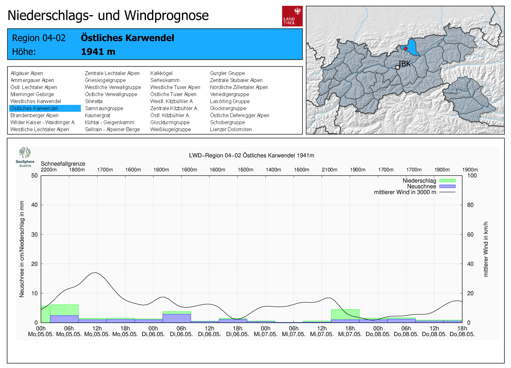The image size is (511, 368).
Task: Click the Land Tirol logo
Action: (292, 16)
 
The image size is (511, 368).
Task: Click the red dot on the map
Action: (406, 49)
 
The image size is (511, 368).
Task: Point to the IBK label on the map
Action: (405, 64)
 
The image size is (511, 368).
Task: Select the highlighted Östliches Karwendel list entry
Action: (45, 109)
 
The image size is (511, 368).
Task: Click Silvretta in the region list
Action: (94, 101)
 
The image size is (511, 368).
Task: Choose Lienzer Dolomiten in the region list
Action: (231, 130)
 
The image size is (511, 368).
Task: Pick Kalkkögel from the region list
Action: (161, 73)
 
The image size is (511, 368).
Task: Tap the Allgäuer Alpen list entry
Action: (27, 73)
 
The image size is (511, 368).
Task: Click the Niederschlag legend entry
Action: (419, 181)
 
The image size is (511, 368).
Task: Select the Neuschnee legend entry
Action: (421, 186)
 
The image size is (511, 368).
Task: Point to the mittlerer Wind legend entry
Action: (405, 192)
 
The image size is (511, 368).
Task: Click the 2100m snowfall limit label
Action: (329, 170)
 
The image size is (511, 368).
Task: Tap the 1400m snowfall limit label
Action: (273, 170)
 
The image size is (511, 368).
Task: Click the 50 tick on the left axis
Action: (34, 176)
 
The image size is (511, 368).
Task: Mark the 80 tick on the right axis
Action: (470, 205)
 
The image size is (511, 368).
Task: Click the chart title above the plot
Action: (251, 155)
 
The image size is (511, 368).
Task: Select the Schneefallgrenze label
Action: (63, 164)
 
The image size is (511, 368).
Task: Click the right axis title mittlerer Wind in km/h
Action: (486, 249)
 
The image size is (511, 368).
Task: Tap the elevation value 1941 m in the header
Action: (98, 52)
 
